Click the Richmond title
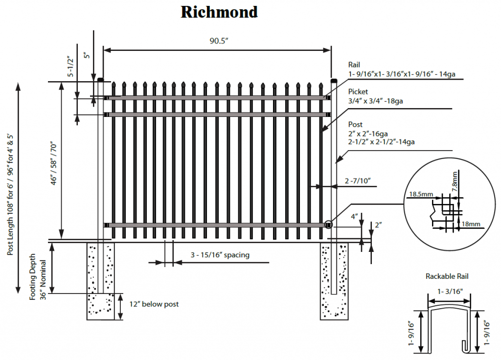click(219, 12)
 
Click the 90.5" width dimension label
click(219, 41)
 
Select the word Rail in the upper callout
click(354, 65)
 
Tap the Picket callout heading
click(358, 91)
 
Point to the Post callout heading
click(355, 124)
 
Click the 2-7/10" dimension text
click(358, 181)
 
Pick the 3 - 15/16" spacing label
click(220, 255)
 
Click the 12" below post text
click(154, 304)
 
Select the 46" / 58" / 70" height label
click(53, 163)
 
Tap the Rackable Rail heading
click(447, 276)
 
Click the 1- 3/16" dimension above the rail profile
click(450, 292)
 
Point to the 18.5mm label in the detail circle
click(421, 194)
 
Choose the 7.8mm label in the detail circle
click(455, 182)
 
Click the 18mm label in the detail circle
click(471, 224)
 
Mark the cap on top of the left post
click(101, 80)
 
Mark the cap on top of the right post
click(334, 80)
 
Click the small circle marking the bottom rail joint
click(328, 225)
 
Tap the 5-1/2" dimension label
click(70, 67)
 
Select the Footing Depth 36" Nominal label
click(38, 277)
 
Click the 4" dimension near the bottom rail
click(354, 217)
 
